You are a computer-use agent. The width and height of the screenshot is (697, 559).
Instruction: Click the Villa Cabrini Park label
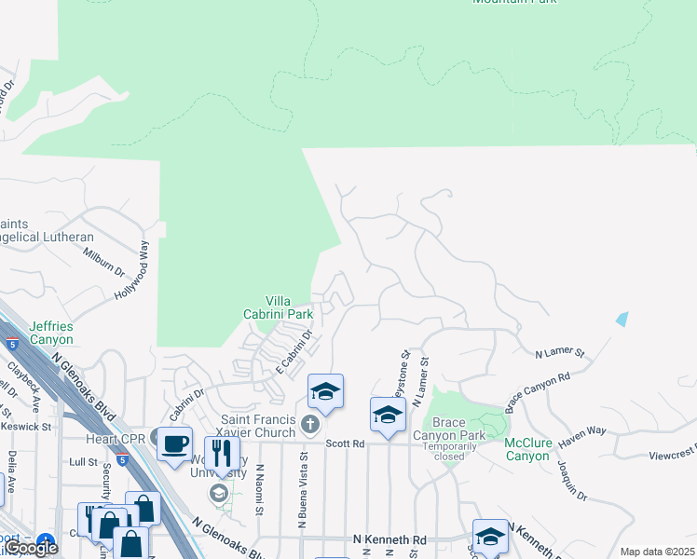tap(289, 307)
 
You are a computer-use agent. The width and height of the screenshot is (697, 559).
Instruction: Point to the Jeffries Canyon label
tap(50, 333)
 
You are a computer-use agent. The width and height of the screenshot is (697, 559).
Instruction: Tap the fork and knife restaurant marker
tap(222, 453)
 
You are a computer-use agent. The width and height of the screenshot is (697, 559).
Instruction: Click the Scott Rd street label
tap(345, 445)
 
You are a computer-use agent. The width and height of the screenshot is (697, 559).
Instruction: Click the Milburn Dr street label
tap(103, 260)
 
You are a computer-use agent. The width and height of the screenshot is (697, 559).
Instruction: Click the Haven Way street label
tap(583, 431)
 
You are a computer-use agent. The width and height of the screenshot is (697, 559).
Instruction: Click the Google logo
tap(30, 548)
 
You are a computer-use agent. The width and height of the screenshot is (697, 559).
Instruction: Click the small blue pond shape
tap(622, 319)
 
